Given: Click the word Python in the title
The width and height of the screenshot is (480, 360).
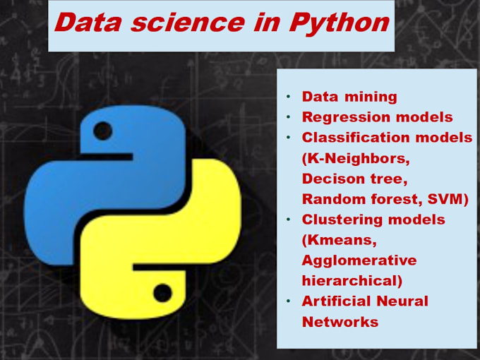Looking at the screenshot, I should pyautogui.click(x=340, y=23).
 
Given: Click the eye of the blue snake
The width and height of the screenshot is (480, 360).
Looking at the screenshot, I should pyautogui.click(x=102, y=131).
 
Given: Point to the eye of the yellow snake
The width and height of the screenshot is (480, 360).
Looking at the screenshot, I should pyautogui.click(x=163, y=291).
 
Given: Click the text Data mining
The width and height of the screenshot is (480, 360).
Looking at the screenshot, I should pyautogui.click(x=349, y=97).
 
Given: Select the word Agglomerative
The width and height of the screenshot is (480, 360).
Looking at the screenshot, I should pyautogui.click(x=359, y=260).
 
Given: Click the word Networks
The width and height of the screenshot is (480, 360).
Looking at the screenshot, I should pyautogui.click(x=340, y=322).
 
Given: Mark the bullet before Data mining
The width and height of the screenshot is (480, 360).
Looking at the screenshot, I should pyautogui.click(x=288, y=97).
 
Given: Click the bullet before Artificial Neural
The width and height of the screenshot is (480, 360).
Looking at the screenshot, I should pyautogui.click(x=288, y=301).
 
